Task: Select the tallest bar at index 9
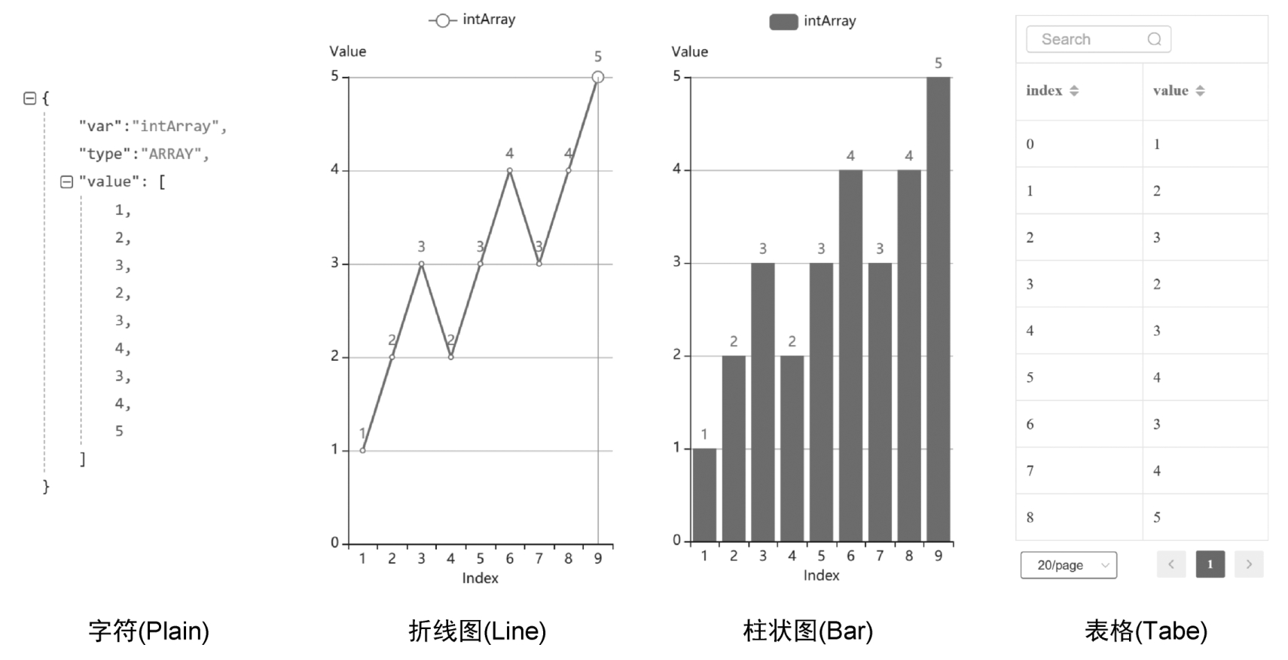pos(938,309)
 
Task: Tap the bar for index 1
pos(704,494)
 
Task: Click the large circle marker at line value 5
pos(597,77)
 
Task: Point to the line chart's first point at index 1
pos(362,450)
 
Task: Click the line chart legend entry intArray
pos(473,20)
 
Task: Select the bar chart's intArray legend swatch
pos(783,22)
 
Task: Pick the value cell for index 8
pos(1157,518)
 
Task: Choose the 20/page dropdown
pos(1068,565)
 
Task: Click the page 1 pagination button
pos(1210,564)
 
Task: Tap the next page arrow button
pos(1249,564)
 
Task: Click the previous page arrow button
pos(1171,564)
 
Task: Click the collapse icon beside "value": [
pos(66,182)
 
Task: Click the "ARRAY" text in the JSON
pos(172,154)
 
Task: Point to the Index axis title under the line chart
pos(480,578)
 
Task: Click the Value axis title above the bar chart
pos(689,51)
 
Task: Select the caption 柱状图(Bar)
pos(807,631)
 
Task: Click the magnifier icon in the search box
pos(1154,39)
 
